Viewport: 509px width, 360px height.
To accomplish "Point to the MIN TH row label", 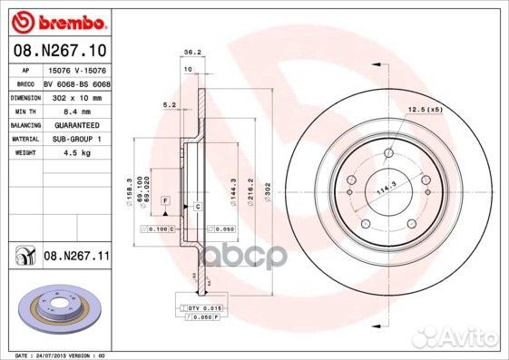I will [x=23, y=110].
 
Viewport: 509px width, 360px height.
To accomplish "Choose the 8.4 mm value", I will [x=64, y=110].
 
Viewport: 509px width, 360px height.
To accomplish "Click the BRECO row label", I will [x=23, y=83].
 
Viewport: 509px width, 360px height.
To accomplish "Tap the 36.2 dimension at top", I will [x=191, y=52].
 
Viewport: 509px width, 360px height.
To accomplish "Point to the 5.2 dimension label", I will [x=170, y=105].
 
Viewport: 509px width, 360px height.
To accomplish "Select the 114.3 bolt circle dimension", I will [x=388, y=188].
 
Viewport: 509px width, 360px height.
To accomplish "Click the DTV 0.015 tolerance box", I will [x=199, y=309].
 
